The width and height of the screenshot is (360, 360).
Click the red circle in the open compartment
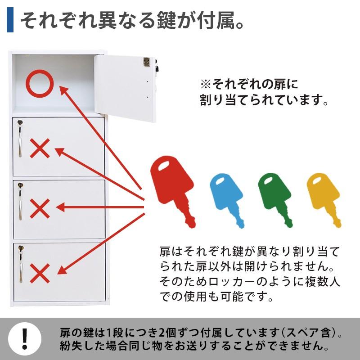pyautogui.click(x=40, y=84)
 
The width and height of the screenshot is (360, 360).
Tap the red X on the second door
pyautogui.click(x=40, y=148)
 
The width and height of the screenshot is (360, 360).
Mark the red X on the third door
pyautogui.click(x=40, y=208)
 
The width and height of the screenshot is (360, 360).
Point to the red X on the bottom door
pyautogui.click(x=40, y=272)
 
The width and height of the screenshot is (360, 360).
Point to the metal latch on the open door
pyautogui.click(x=146, y=62)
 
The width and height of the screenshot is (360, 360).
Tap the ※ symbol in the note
pyautogui.click(x=206, y=84)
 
